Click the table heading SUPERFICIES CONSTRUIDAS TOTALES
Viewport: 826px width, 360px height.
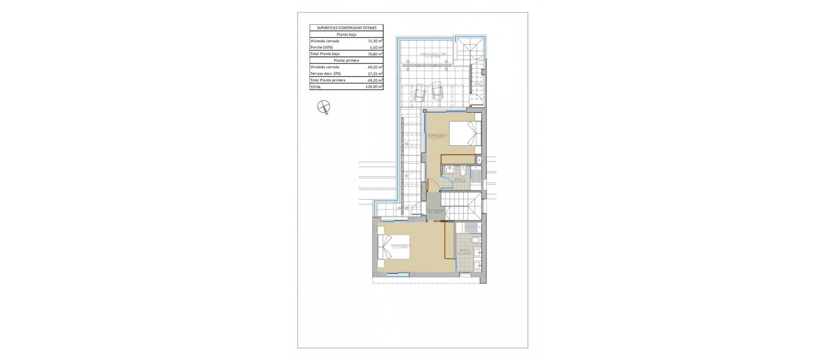pos(346,28)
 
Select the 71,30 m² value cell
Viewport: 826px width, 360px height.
pos(375,41)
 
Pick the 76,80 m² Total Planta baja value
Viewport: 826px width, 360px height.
pos(375,54)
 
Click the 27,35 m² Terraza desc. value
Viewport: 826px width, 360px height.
pos(375,74)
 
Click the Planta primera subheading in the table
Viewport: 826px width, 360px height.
pos(346,61)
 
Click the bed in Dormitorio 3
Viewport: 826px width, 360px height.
pos(464,133)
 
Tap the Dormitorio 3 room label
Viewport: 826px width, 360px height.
pos(438,136)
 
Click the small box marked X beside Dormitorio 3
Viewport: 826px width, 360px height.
pos(480,160)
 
